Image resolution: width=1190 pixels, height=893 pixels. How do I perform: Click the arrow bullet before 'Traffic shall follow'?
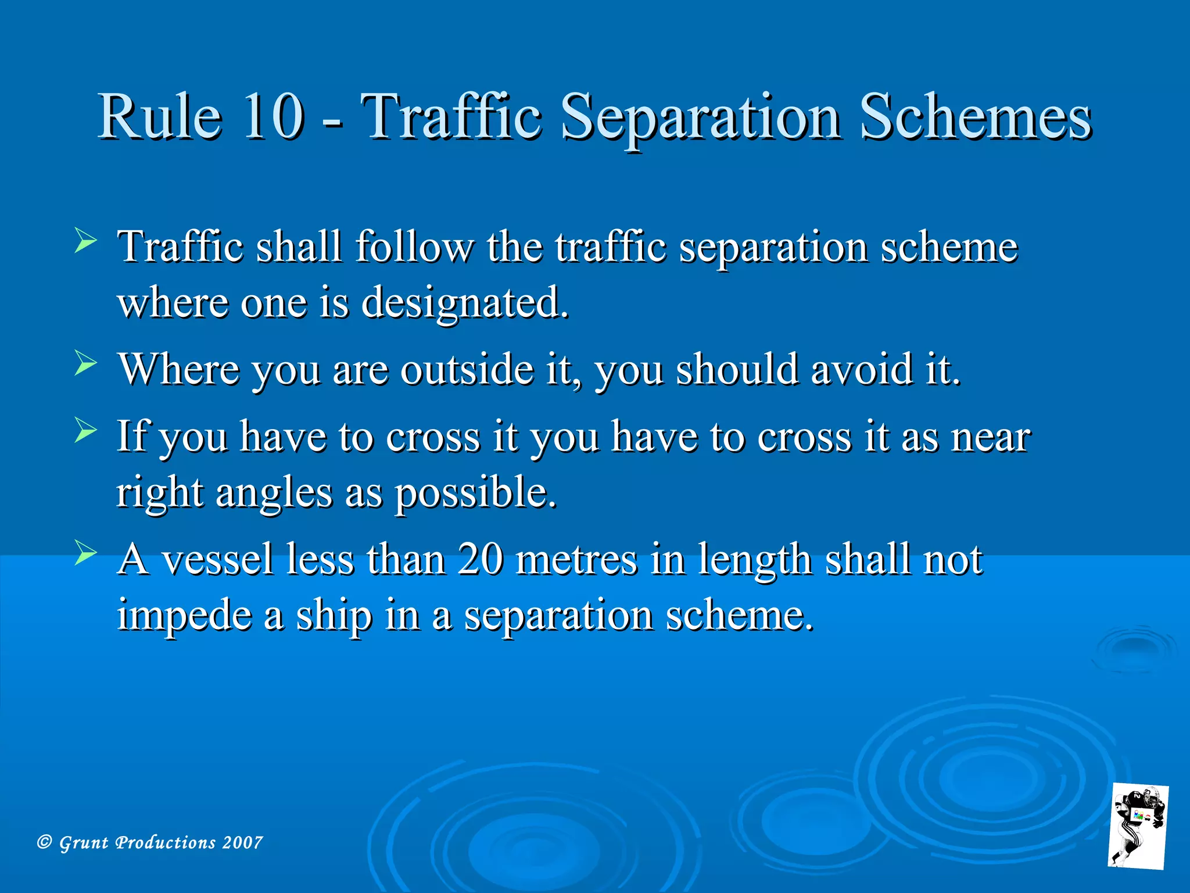85,241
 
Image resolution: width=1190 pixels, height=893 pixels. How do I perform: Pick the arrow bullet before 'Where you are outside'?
85,364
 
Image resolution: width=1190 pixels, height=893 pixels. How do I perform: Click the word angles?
274,493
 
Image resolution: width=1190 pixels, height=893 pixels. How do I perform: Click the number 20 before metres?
480,559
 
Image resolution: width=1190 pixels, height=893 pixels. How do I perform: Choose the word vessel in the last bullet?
217,559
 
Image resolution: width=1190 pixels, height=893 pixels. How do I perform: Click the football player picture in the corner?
1138,826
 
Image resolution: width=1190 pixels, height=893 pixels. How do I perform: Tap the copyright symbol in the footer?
45,842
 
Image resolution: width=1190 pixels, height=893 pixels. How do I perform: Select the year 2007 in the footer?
243,842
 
